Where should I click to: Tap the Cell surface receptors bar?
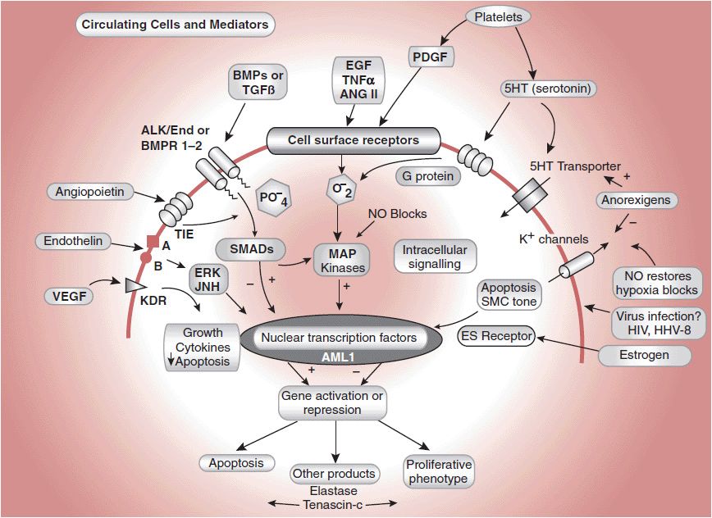354,140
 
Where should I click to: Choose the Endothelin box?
72,241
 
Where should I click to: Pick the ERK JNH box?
206,279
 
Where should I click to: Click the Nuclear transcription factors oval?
339,338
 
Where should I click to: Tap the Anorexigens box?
635,200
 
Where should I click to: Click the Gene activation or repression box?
332,402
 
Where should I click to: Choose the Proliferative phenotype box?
436,471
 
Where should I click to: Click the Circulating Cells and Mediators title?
175,25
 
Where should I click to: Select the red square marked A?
152,242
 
